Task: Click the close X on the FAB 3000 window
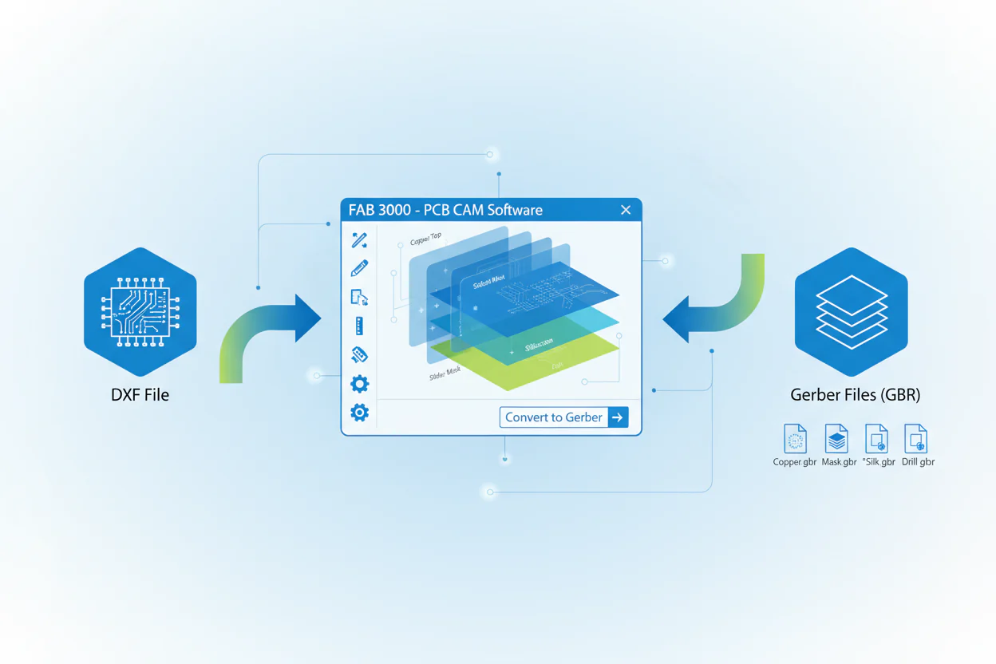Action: (626, 210)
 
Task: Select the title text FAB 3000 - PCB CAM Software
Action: (445, 210)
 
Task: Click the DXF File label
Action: (140, 394)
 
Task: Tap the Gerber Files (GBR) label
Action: (855, 394)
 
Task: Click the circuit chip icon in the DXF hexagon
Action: (140, 311)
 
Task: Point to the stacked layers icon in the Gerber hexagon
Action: (852, 311)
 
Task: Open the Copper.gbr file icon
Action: (795, 439)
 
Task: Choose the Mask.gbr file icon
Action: (836, 439)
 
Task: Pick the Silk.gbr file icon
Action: (876, 439)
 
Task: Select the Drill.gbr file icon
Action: (915, 439)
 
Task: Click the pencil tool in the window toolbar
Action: (359, 269)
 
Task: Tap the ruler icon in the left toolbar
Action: (359, 326)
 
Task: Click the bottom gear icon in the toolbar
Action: (359, 412)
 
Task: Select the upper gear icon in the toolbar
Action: (359, 384)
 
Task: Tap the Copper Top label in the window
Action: (425, 239)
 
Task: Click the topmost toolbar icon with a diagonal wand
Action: (359, 240)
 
